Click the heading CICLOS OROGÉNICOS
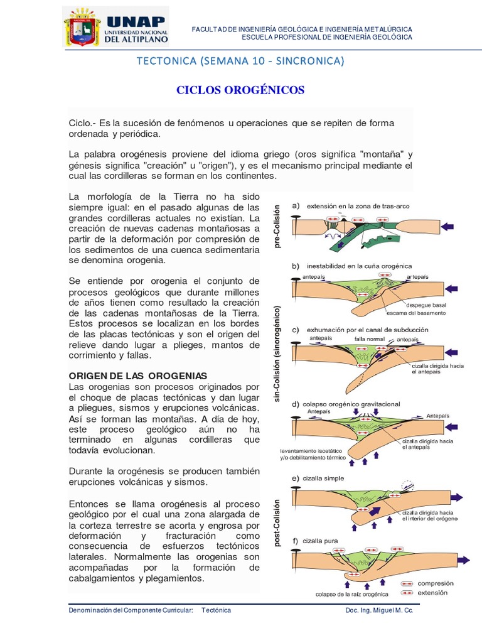point(240,90)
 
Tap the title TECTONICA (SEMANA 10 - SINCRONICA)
point(240,61)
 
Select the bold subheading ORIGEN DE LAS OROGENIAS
point(137,375)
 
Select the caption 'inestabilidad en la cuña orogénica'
point(359,266)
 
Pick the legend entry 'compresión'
point(439,583)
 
